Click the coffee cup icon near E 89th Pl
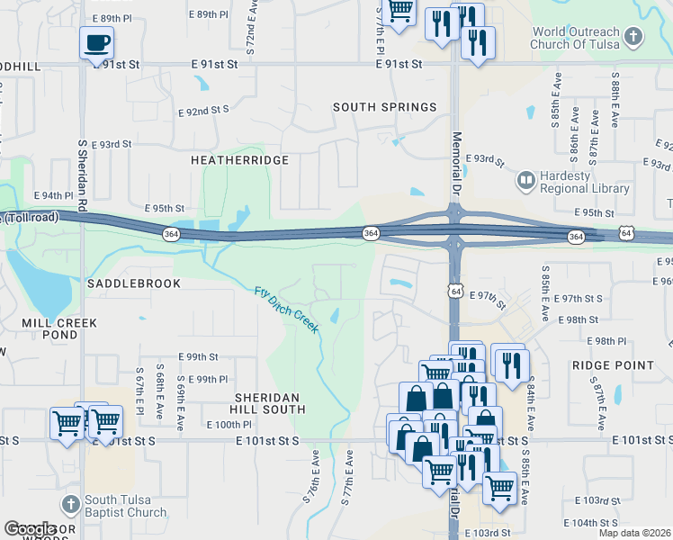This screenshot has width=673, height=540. click(x=96, y=41)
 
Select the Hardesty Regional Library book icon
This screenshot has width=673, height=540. click(x=525, y=182)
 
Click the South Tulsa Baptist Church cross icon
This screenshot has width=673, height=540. click(x=71, y=505)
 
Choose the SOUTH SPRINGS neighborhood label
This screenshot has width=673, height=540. click(x=384, y=107)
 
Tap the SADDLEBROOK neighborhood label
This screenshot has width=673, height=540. click(x=134, y=283)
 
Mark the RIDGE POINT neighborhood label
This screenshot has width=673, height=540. click(x=613, y=365)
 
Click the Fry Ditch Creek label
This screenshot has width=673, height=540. click(x=286, y=310)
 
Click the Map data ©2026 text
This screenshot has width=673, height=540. click(x=633, y=533)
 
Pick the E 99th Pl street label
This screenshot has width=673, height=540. click(x=206, y=380)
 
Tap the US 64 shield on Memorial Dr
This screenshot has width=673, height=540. click(x=457, y=292)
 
